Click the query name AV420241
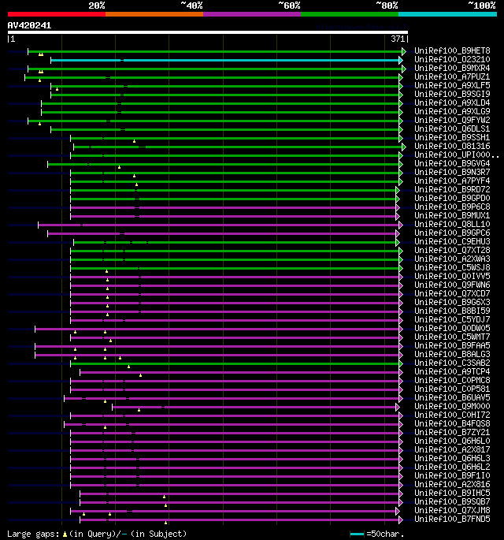29,25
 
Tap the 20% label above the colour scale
96,6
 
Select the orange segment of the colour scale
154,14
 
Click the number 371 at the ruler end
398,39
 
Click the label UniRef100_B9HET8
451,50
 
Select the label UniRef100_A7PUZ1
451,76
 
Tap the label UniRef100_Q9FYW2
451,120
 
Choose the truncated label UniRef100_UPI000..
455,155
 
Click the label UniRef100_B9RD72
451,189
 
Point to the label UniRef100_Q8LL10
451,224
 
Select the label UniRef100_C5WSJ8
451,267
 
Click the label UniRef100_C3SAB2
451,363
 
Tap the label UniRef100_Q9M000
451,406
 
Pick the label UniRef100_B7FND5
451,519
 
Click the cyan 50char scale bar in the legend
358,534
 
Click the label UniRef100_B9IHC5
451,493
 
